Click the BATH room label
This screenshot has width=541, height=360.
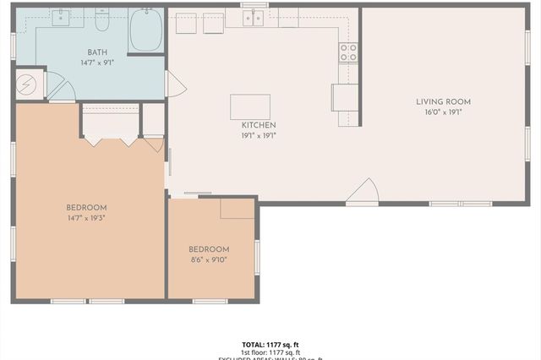click(97, 52)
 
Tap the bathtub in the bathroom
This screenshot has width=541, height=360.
click(145, 31)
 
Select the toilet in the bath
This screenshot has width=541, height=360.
click(102, 19)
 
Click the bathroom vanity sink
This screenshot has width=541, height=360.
click(61, 17)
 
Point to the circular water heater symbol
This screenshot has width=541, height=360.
click(28, 85)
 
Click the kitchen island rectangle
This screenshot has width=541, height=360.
click(250, 106)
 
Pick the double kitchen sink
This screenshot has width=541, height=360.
click(254, 17)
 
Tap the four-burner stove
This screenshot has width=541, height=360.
click(348, 52)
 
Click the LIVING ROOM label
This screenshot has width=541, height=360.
click(443, 102)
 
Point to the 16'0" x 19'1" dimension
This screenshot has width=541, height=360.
click(443, 112)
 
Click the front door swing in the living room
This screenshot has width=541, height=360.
click(362, 193)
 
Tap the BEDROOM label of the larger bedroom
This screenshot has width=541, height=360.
click(87, 208)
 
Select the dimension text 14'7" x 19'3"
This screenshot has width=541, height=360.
click(87, 218)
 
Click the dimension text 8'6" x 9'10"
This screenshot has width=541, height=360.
click(209, 259)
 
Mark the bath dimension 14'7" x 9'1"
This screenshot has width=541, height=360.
click(97, 63)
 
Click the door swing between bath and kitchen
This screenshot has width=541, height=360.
click(175, 84)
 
